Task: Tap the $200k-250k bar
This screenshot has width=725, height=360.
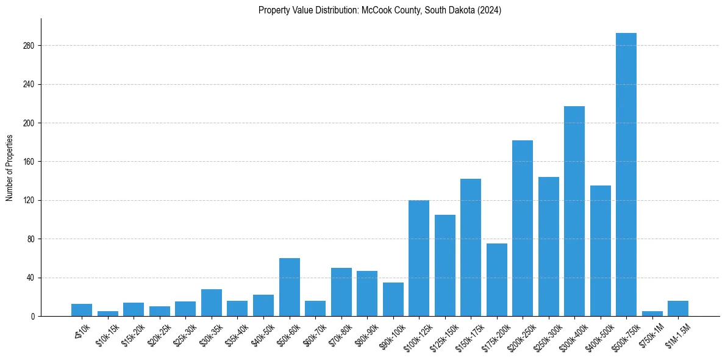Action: click(522, 228)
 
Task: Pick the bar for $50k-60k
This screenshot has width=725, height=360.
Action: click(289, 287)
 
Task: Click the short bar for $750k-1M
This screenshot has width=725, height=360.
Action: click(652, 314)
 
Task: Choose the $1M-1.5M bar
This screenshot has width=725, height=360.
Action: click(677, 309)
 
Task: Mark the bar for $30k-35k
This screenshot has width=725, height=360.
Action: click(211, 303)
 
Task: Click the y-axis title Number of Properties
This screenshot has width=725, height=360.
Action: click(9, 167)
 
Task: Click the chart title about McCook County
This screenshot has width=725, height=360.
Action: click(379, 10)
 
